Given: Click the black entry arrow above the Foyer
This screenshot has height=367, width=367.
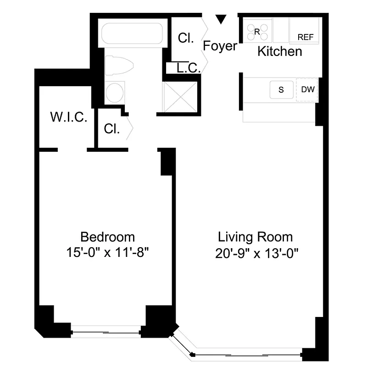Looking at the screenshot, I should [x=221, y=20].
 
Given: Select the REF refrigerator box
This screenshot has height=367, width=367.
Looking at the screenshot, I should [x=305, y=32].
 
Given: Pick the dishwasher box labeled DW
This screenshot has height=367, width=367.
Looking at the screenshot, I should [x=308, y=89].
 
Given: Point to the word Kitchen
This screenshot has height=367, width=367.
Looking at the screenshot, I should [x=279, y=51].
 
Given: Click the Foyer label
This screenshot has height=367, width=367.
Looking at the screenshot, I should [x=220, y=46].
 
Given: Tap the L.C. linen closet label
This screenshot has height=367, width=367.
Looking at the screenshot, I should [x=188, y=68].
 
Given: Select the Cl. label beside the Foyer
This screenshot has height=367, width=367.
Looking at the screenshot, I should [x=185, y=38].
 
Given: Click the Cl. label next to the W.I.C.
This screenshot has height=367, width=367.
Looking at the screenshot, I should [x=111, y=129].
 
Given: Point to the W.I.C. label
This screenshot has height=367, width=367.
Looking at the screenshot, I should [x=68, y=117].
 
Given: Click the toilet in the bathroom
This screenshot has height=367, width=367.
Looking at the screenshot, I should [x=118, y=65].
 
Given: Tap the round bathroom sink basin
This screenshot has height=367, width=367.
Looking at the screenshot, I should [x=115, y=93].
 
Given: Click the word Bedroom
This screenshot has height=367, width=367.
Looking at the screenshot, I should [x=108, y=237].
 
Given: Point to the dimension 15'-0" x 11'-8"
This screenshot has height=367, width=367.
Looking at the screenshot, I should [x=108, y=252].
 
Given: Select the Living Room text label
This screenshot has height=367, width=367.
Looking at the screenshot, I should [x=255, y=237].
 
